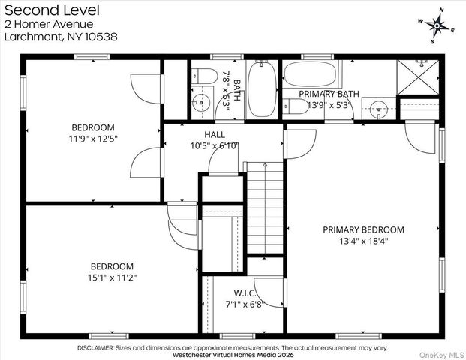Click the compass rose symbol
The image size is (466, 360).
(x=437, y=25)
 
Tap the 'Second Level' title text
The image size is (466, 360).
(x=52, y=10)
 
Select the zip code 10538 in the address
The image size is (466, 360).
(x=101, y=37)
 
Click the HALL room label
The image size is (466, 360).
(x=215, y=134)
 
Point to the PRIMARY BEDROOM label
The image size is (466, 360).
(x=363, y=229)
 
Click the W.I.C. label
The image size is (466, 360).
(x=245, y=293)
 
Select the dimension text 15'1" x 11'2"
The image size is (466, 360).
(x=113, y=277)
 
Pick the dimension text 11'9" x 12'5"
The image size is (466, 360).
(x=93, y=139)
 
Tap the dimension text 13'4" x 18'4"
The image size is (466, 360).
(x=364, y=241)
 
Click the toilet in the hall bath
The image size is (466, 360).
(x=204, y=76)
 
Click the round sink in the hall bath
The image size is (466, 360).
(x=201, y=102)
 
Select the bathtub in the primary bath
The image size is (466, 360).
(x=310, y=74)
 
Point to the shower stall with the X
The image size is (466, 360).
(x=418, y=77)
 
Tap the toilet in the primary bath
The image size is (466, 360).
(x=296, y=106)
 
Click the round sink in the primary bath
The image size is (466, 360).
(x=379, y=109)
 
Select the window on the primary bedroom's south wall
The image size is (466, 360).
(x=359, y=336)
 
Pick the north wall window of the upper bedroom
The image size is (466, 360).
(x=92, y=57)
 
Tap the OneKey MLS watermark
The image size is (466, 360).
(x=442, y=355)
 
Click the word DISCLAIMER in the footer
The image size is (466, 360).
(x=95, y=348)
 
